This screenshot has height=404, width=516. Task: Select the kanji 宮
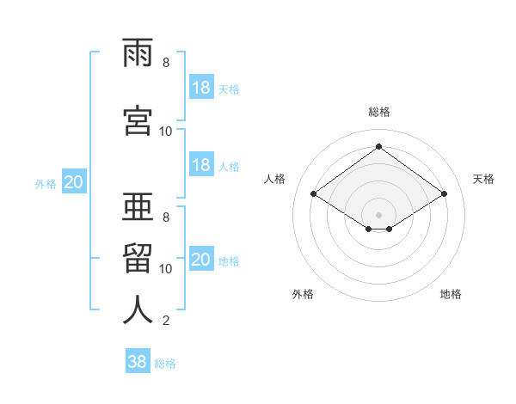[x=138, y=120]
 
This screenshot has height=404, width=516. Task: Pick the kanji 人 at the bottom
[x=138, y=309]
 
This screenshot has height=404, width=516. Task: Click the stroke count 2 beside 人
[x=165, y=321]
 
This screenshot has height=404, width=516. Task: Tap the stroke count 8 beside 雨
[x=165, y=63]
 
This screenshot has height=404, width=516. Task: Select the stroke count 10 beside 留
[x=166, y=269]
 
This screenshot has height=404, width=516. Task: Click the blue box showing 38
[x=138, y=362]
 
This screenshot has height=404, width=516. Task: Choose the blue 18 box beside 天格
[x=201, y=87]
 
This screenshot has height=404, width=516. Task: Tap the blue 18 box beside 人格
[x=201, y=165]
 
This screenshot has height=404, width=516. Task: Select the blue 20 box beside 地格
[x=201, y=260]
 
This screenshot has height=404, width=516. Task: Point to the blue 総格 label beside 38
[x=165, y=364]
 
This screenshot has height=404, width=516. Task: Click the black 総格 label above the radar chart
[x=378, y=112]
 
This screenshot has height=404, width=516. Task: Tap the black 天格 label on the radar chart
[x=484, y=179]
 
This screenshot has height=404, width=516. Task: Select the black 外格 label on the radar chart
[x=303, y=294]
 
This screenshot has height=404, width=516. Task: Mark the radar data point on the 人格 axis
[x=314, y=194]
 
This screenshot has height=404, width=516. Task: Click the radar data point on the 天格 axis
[x=444, y=194]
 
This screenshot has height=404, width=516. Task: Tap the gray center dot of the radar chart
[x=378, y=213]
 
